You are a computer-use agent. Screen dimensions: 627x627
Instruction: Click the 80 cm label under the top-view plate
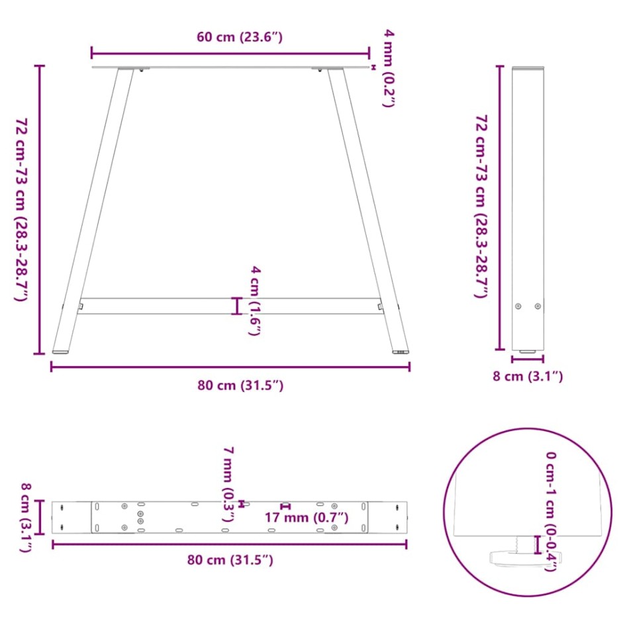[x=229, y=560]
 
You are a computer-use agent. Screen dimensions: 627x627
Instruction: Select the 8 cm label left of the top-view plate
[x=26, y=517]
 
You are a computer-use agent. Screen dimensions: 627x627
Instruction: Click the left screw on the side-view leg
[x=518, y=306]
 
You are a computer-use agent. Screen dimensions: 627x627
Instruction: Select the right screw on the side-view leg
[x=538, y=306]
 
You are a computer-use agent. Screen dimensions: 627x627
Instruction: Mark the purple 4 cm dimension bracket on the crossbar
[x=237, y=306]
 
